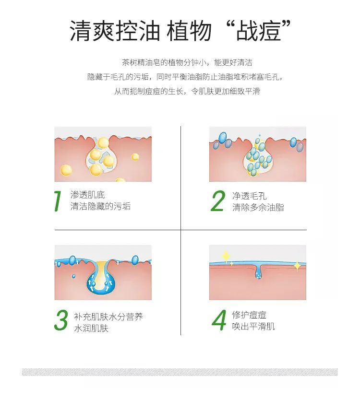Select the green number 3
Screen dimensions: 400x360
click(61, 321)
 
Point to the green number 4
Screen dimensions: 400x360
click(219, 321)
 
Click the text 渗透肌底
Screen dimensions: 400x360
click(87, 195)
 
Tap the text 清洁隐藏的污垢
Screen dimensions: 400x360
click(100, 206)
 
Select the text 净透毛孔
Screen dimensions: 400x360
click(249, 196)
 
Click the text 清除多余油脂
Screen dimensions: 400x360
click(258, 207)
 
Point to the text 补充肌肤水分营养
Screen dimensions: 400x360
click(108, 317)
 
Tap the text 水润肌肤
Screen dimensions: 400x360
click(91, 329)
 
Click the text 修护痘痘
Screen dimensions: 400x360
click(249, 315)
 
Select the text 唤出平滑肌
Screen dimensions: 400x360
click(253, 327)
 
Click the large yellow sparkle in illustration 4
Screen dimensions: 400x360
click(226, 256)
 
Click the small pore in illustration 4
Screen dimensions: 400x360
click(258, 273)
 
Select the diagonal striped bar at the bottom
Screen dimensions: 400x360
click(180, 372)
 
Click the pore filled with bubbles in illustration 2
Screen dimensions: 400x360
click(258, 158)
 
